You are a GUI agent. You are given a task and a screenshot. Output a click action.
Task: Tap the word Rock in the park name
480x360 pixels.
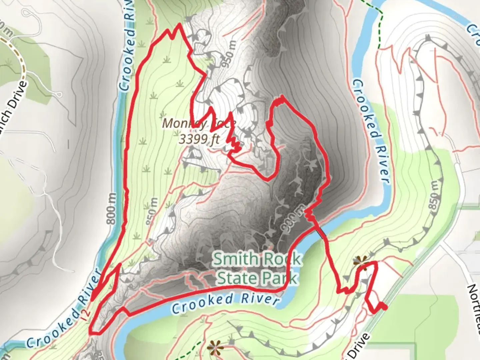(283, 259)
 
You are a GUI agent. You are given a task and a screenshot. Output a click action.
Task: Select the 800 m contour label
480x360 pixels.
(112, 208)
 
